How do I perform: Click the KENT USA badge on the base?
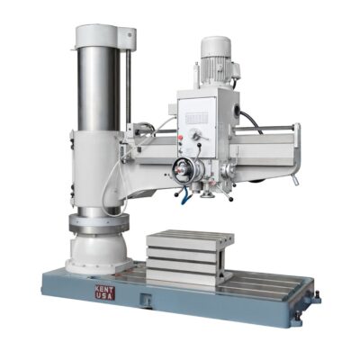point(104,292)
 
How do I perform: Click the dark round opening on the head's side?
point(238,114)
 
